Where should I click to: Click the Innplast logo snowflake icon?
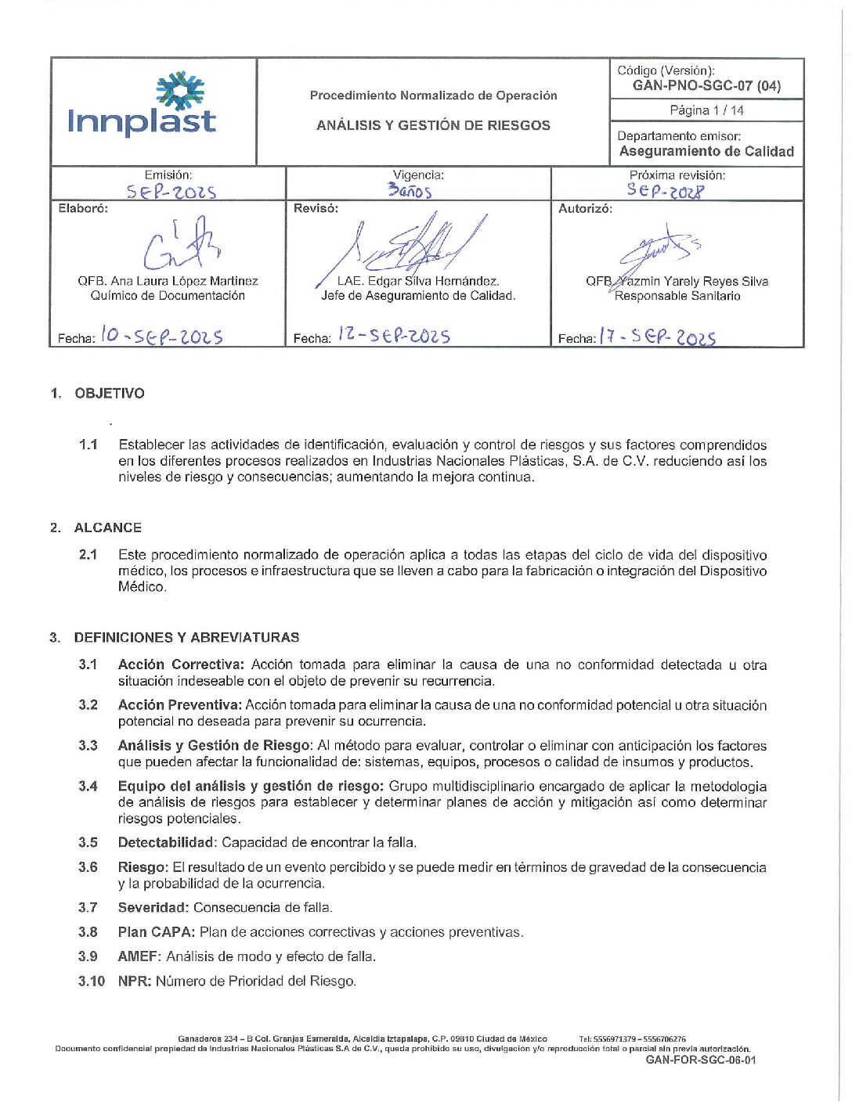click(x=180, y=90)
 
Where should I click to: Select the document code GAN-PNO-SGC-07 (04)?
click(x=706, y=86)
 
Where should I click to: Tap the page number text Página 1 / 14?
click(x=706, y=110)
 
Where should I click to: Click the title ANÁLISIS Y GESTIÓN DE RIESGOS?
click(x=433, y=125)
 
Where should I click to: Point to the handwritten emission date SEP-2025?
click(x=171, y=192)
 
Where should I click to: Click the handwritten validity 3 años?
click(x=410, y=190)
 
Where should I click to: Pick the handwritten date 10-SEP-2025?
click(x=162, y=337)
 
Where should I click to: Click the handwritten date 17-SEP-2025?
click(x=657, y=337)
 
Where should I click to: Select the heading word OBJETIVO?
click(x=110, y=394)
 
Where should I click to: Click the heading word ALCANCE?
click(x=108, y=528)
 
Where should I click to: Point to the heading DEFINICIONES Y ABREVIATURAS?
click(x=186, y=638)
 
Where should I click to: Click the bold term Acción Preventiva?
click(x=179, y=705)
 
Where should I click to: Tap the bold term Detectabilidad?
click(x=165, y=843)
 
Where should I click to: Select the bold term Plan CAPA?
click(x=156, y=932)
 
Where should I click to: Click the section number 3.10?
click(x=91, y=981)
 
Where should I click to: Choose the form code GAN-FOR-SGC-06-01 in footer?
click(x=701, y=1061)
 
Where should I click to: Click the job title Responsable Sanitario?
click(x=677, y=296)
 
